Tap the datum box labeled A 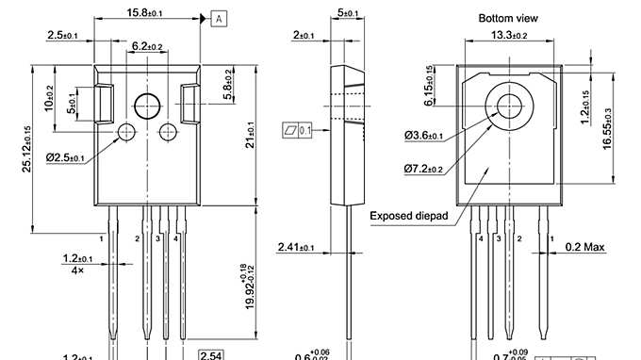219,18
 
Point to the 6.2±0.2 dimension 146,45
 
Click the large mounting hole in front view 147,106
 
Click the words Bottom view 508,18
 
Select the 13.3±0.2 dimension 508,36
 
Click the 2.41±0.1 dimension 297,248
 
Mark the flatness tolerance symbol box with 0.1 297,129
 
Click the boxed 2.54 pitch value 210,355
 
